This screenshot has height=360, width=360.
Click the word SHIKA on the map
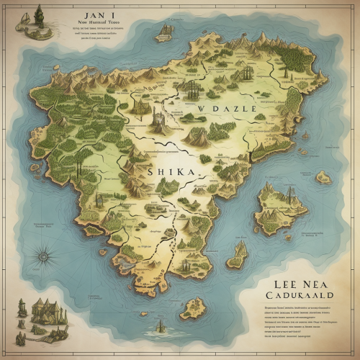171,172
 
